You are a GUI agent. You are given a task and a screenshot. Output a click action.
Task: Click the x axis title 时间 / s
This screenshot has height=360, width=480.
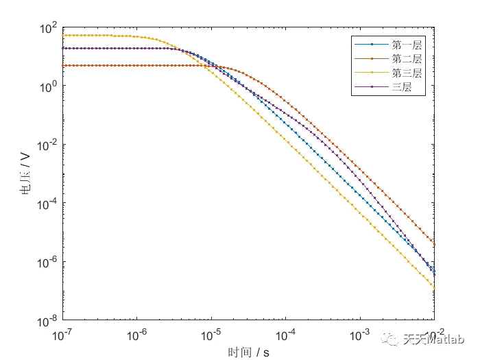point(248,352)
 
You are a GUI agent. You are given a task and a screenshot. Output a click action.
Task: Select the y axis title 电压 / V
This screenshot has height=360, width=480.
point(26,175)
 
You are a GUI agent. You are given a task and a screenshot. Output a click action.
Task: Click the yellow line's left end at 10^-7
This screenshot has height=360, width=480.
point(62,35)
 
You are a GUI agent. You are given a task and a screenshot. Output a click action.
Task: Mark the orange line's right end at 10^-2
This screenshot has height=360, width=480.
point(434,243)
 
